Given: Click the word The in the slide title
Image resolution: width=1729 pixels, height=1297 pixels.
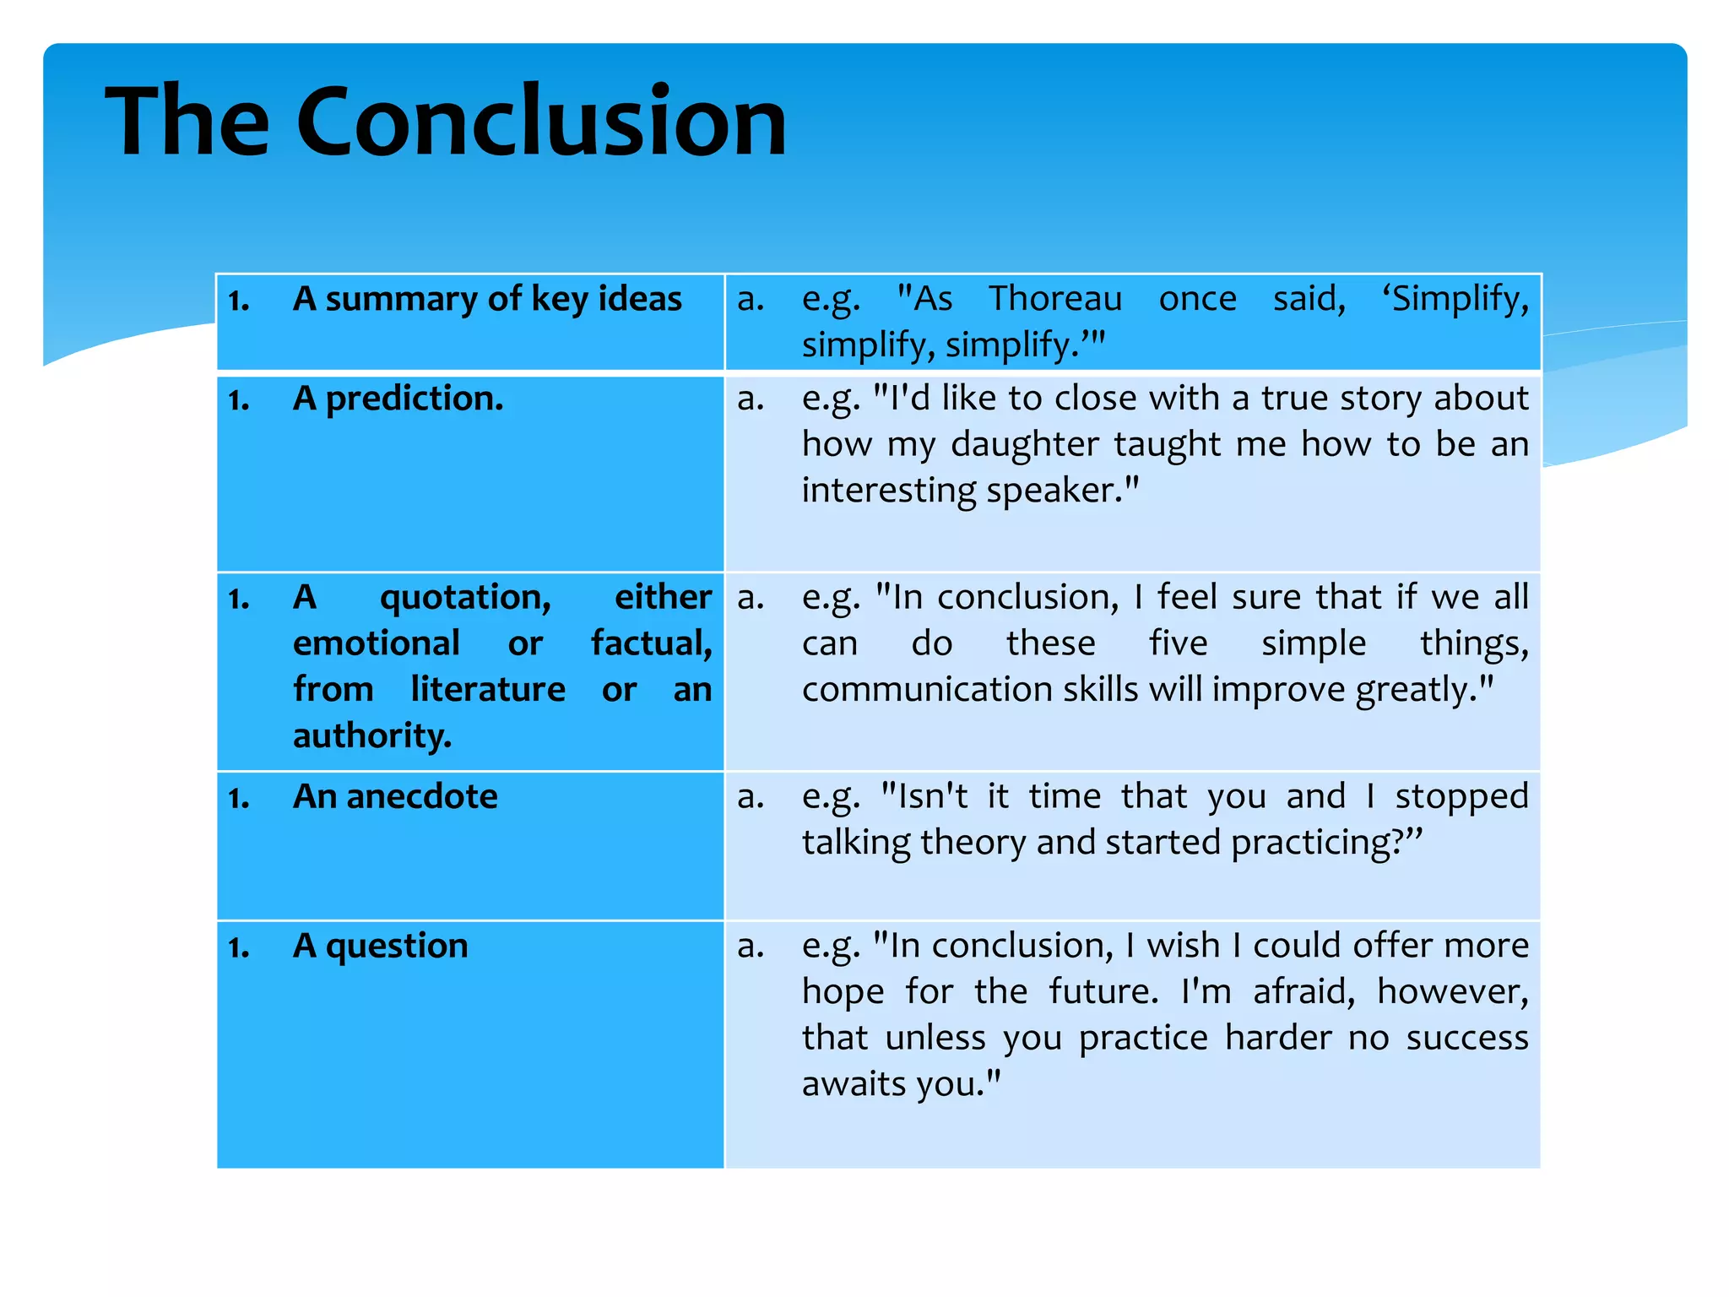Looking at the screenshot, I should [x=187, y=122].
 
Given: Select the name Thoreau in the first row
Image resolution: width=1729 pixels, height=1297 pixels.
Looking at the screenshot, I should [x=1055, y=299].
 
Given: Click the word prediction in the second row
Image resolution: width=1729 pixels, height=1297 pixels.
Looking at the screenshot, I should [x=415, y=399].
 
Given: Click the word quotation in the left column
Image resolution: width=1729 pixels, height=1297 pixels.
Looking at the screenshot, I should [x=465, y=598].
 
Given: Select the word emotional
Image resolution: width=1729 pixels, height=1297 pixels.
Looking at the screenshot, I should [x=376, y=643].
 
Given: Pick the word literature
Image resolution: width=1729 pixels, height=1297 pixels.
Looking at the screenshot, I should [x=488, y=690].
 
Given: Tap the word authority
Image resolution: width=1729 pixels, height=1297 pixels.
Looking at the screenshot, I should [x=372, y=736].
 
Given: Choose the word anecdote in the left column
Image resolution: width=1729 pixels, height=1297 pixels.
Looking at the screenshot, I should [x=421, y=797].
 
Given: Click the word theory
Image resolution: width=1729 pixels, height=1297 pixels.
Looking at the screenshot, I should [x=976, y=843].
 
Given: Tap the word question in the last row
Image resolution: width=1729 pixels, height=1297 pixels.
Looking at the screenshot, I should [x=397, y=947].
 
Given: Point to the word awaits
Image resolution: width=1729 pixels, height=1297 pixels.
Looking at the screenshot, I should [x=853, y=1083].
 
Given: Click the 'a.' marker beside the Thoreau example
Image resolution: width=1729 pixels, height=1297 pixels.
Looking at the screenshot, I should [x=751, y=300].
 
